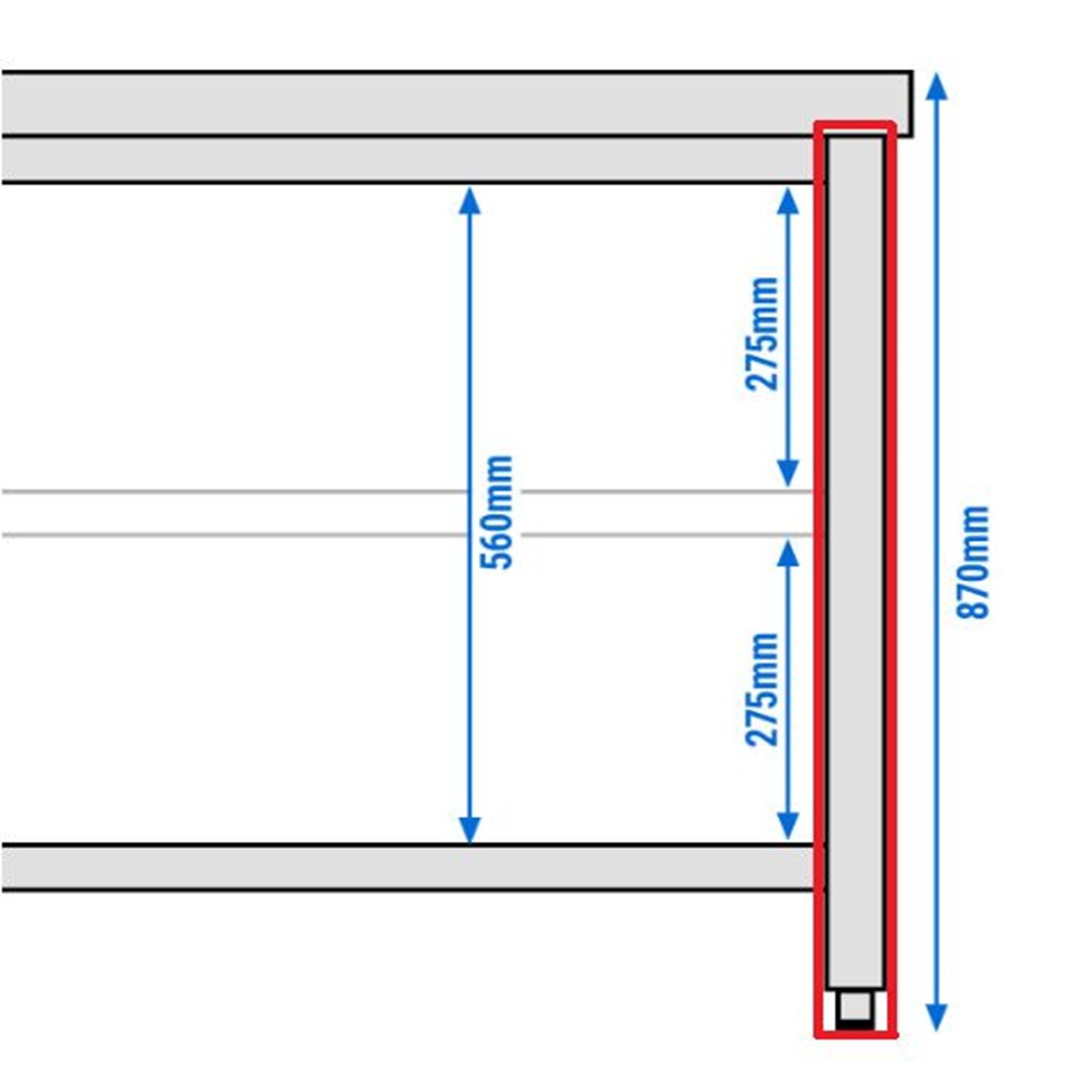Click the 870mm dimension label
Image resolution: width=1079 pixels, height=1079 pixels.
[x=973, y=563]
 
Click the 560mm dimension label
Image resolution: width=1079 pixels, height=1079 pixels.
[x=497, y=512]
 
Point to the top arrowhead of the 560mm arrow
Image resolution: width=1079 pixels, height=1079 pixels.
[x=470, y=201]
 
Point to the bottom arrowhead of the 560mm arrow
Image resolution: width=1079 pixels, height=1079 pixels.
[x=470, y=829]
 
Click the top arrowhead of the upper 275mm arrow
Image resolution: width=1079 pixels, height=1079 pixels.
[x=788, y=201]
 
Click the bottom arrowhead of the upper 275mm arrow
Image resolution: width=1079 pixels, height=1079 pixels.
[x=788, y=473]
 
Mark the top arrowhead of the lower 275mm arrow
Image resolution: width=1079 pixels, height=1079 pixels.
[x=788, y=553]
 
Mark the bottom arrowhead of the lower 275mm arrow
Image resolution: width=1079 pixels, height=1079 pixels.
[x=788, y=825]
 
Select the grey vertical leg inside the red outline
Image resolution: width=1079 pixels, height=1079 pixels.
[x=855, y=561]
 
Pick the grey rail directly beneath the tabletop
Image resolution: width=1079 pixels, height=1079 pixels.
[x=410, y=159]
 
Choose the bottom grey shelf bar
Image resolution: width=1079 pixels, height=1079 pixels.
[x=410, y=868]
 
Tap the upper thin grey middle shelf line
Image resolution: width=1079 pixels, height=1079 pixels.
[x=406, y=492]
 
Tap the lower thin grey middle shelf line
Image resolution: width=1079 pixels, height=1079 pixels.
[x=406, y=535]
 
